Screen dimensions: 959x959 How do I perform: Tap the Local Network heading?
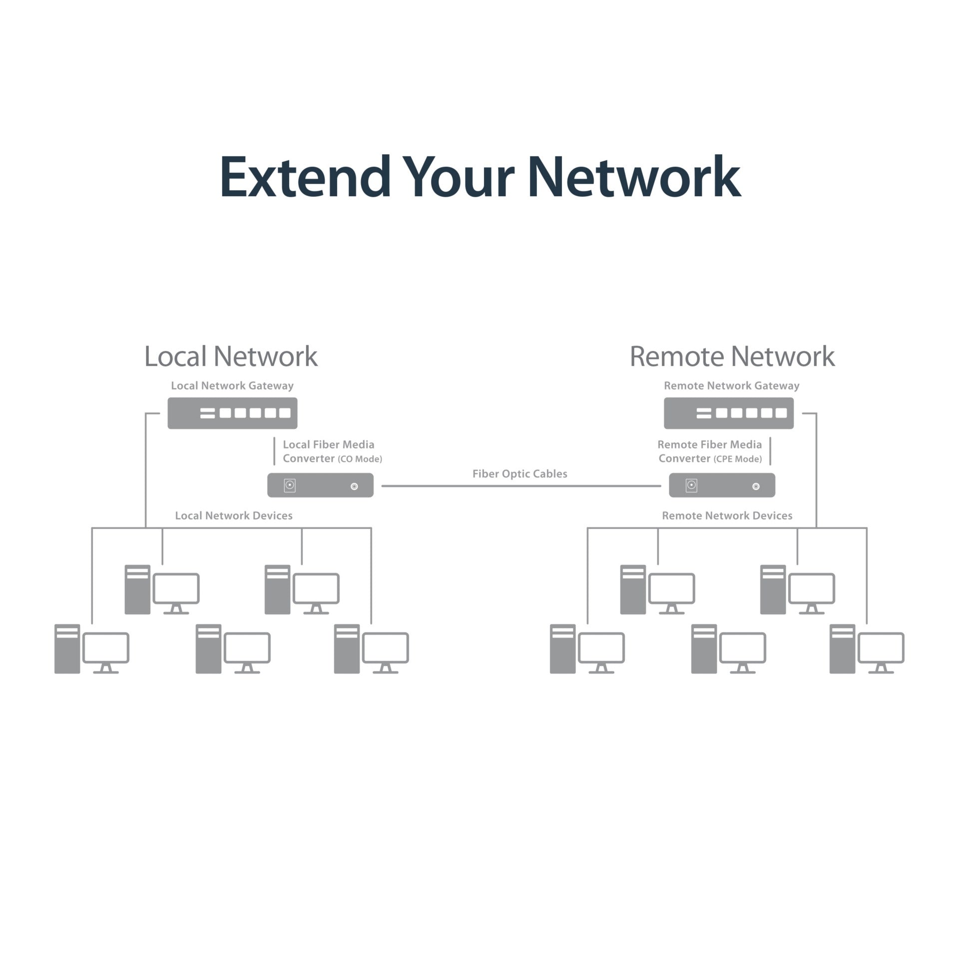(231, 357)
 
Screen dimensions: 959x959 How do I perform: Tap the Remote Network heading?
(732, 357)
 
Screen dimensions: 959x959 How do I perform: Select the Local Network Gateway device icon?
(232, 413)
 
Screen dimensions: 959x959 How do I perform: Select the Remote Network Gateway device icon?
(729, 413)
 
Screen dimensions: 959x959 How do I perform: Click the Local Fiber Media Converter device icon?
(320, 485)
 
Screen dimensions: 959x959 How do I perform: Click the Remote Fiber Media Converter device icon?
(722, 485)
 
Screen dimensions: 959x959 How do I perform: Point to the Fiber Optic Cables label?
(520, 474)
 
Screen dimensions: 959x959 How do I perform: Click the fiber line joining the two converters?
(521, 485)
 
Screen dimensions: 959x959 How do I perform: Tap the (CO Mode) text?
(360, 459)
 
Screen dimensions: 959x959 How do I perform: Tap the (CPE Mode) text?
(738, 459)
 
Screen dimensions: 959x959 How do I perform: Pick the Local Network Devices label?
(234, 516)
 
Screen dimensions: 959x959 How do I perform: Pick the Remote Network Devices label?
(727, 516)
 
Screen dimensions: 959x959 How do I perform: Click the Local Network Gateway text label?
(232, 386)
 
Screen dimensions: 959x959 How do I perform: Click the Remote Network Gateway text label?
(732, 386)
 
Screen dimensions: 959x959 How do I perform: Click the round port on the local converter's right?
(354, 486)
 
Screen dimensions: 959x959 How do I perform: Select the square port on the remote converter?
(691, 485)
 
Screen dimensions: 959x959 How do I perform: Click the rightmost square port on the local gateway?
(285, 413)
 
